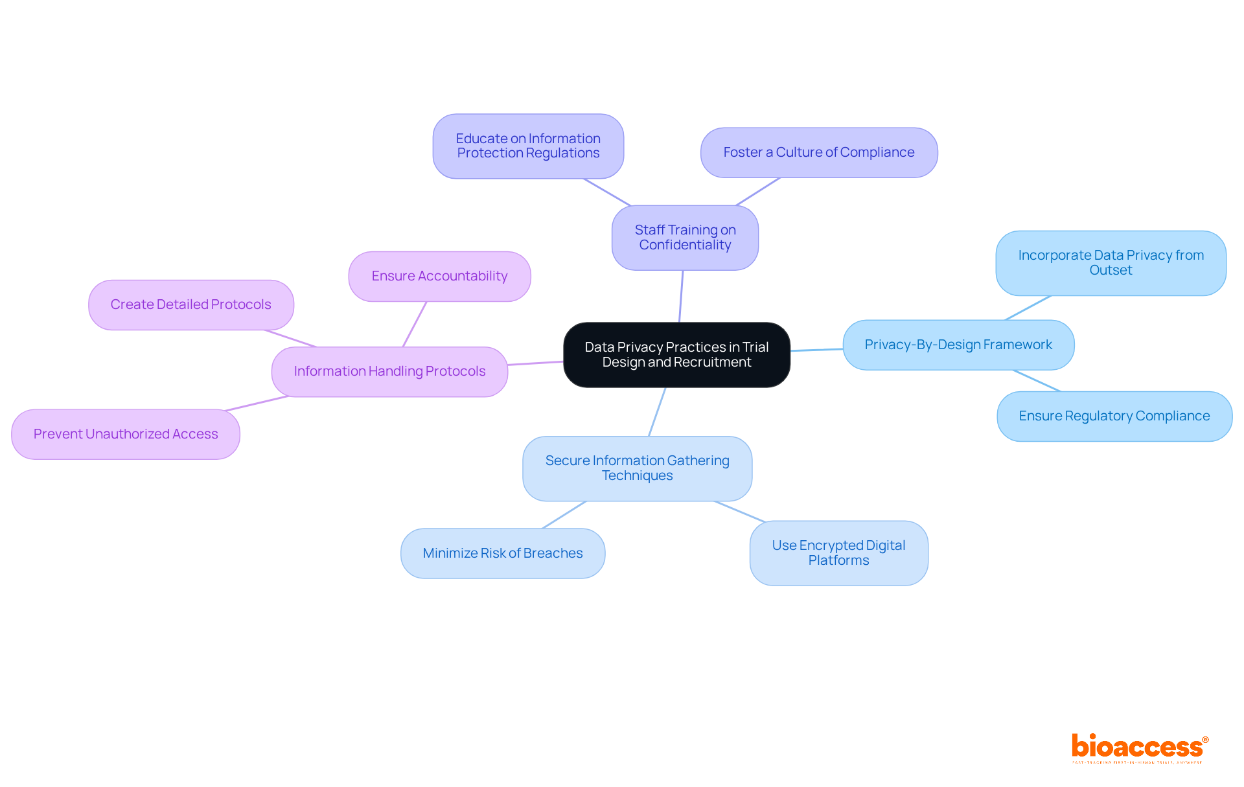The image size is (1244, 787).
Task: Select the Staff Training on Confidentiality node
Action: [x=685, y=238]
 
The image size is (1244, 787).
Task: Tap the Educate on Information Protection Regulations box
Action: [x=528, y=146]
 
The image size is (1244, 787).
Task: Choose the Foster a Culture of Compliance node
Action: [x=819, y=153]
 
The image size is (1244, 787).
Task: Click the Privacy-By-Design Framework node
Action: [x=958, y=345]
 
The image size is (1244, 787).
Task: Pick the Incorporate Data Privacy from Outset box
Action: [x=1111, y=263]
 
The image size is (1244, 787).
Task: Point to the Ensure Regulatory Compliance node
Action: [x=1114, y=416]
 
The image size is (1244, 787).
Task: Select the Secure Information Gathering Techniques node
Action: [x=637, y=468]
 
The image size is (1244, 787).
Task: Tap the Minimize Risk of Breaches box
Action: [x=503, y=554]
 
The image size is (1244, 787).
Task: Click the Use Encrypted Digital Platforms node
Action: [x=838, y=553]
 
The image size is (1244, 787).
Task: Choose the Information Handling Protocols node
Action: [x=389, y=372]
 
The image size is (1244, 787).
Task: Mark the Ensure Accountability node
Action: [x=439, y=277]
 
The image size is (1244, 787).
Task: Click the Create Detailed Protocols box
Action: [x=190, y=305]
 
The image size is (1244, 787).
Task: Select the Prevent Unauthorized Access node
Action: [x=126, y=435]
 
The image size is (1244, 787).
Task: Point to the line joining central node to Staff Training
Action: [x=681, y=296]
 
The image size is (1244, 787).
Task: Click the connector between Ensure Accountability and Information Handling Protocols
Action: [x=415, y=324]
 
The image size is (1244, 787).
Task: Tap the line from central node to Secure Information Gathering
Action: [x=657, y=412]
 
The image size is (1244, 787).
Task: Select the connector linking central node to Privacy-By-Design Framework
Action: [x=816, y=350]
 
